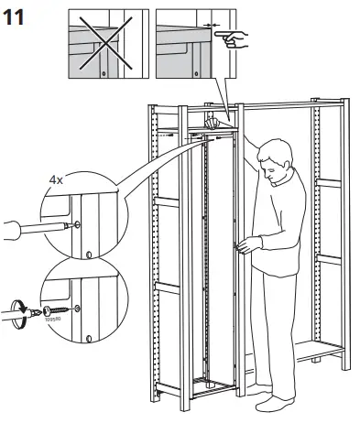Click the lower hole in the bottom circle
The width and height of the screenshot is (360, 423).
[88, 337]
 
